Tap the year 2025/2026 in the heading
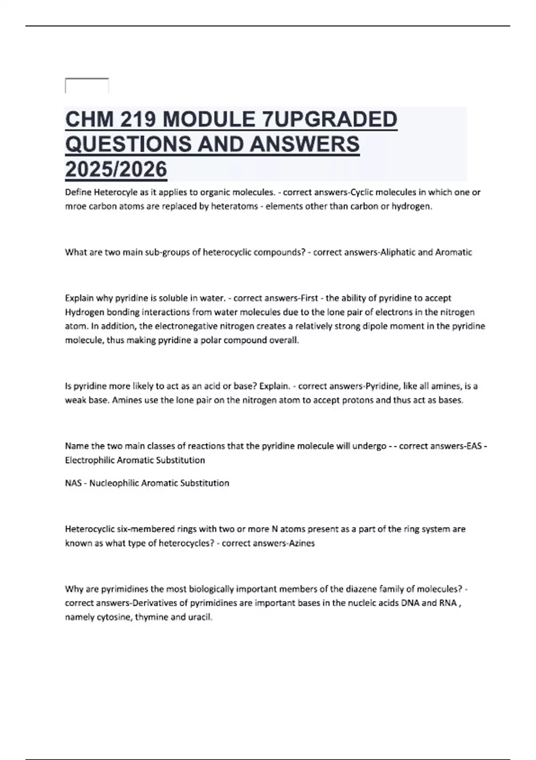pyautogui.click(x=116, y=169)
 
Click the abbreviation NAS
pyautogui.click(x=73, y=483)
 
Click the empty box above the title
pyautogui.click(x=87, y=85)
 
